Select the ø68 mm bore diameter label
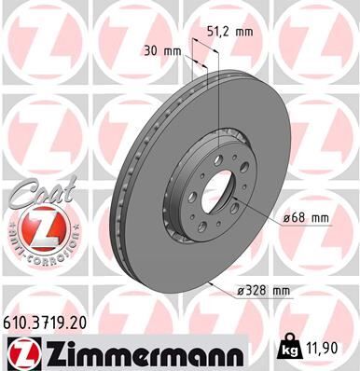306,217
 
